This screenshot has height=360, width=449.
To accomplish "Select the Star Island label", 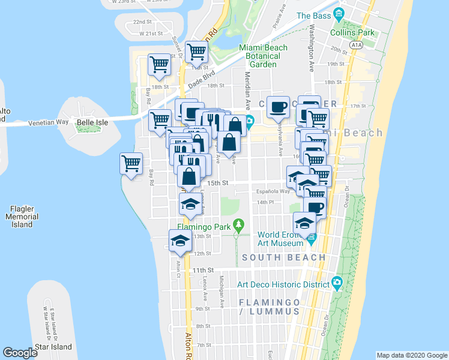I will (x=53, y=347).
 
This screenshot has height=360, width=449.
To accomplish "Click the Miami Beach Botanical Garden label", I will (x=263, y=56).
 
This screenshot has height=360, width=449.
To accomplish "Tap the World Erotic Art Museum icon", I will (x=312, y=239).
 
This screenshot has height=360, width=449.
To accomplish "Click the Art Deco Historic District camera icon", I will (x=337, y=283).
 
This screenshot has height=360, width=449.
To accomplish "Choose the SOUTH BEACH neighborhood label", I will (x=284, y=257).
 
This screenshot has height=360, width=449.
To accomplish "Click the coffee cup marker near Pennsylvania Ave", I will (x=277, y=107).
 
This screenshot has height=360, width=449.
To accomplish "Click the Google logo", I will (x=20, y=352).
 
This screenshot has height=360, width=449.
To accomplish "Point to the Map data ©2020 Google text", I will (x=411, y=355).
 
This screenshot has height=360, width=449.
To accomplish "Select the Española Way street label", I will (x=276, y=192).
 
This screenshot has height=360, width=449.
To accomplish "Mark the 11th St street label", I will (x=203, y=271).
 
